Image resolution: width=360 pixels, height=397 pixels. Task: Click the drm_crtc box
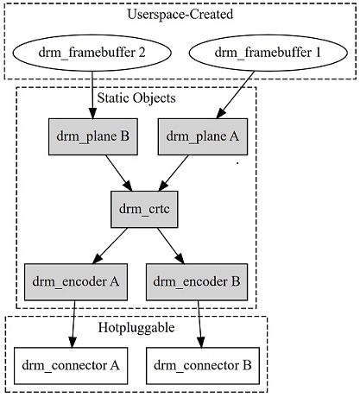144,209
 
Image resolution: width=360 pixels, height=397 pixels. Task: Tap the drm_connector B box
201,365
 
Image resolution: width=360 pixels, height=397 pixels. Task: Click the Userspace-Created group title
179,15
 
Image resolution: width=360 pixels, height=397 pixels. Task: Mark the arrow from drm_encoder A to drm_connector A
74,321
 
